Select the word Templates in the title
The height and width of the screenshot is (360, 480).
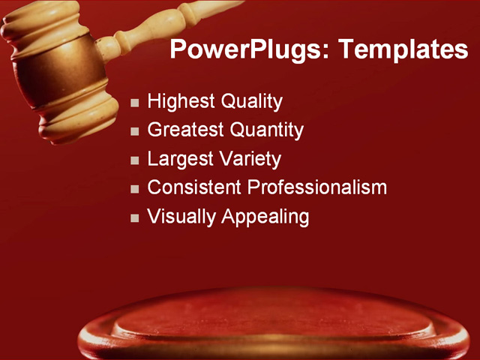(403, 50)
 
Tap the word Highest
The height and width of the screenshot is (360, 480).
(181, 101)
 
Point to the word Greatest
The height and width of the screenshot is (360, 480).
(185, 130)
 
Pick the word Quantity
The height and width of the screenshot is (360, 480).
(266, 130)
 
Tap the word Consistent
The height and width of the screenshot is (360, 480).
(194, 187)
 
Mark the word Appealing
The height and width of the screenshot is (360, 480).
(265, 217)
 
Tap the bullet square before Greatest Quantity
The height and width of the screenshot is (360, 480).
(135, 131)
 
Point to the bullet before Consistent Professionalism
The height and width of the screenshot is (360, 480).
(135, 189)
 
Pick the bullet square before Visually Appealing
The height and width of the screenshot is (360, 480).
(135, 218)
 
